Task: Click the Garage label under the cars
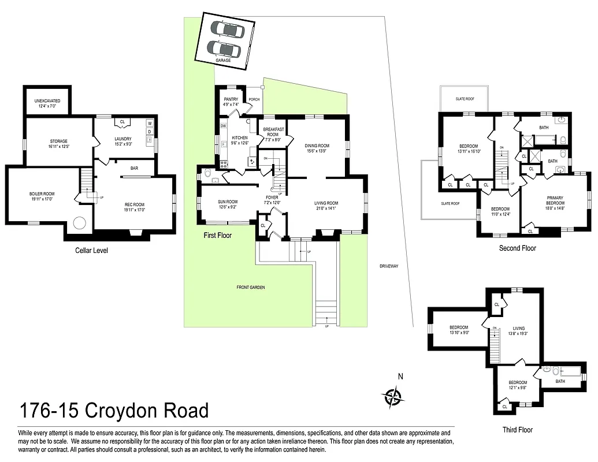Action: pyautogui.click(x=223, y=60)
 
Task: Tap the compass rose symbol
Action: pyautogui.click(x=393, y=396)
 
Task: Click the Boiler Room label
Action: pyautogui.click(x=41, y=193)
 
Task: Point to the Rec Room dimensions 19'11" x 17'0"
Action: pyautogui.click(x=134, y=210)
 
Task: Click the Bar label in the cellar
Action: pyautogui.click(x=134, y=169)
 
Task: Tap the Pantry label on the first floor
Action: pyautogui.click(x=231, y=99)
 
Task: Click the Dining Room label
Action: pyautogui.click(x=317, y=146)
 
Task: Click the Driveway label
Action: pyautogui.click(x=389, y=266)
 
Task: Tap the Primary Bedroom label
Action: pyautogui.click(x=555, y=200)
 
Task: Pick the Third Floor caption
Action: pyautogui.click(x=517, y=430)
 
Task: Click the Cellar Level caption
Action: pyautogui.click(x=91, y=251)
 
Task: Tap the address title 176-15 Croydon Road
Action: pyautogui.click(x=114, y=411)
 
